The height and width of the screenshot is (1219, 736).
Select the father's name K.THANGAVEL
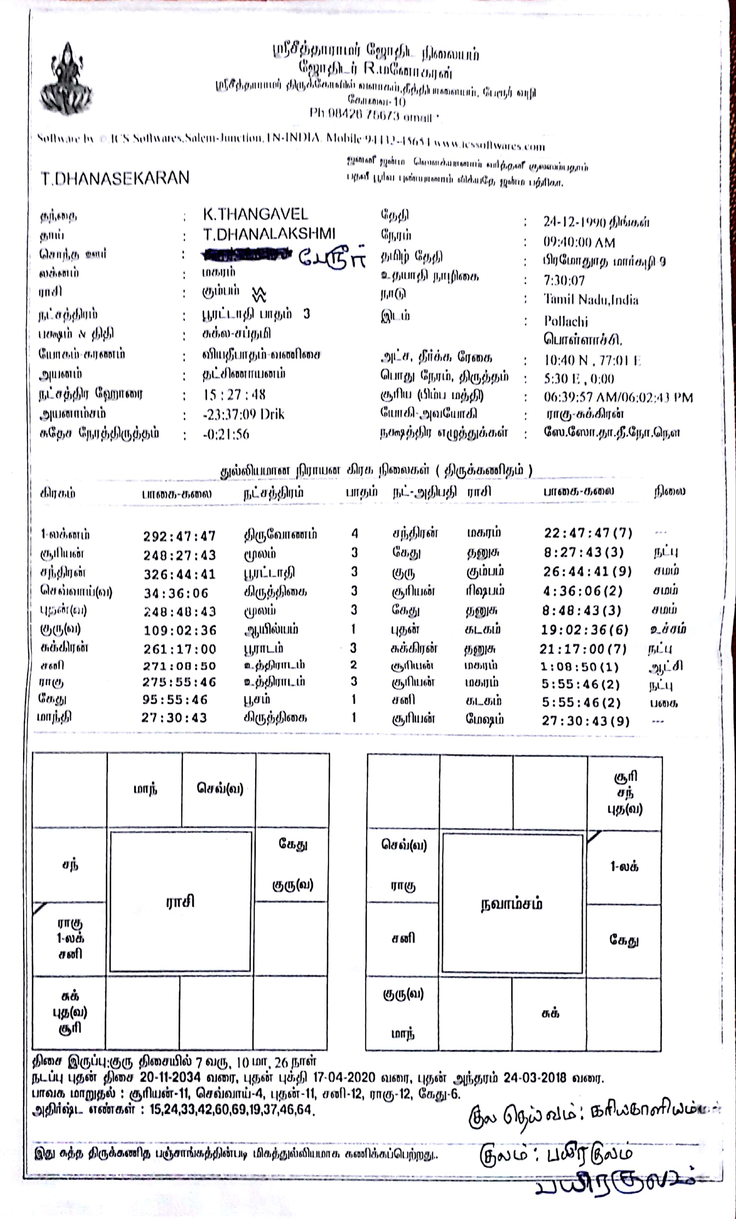point(255,214)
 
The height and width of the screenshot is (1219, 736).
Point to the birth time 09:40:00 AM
point(579,243)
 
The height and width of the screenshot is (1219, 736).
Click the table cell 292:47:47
point(179,536)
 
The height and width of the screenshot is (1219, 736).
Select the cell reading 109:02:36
point(180,630)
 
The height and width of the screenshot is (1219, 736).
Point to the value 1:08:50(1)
point(579,667)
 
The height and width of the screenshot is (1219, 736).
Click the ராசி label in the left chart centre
point(180,902)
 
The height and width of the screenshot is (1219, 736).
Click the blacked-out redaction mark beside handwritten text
point(246,255)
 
